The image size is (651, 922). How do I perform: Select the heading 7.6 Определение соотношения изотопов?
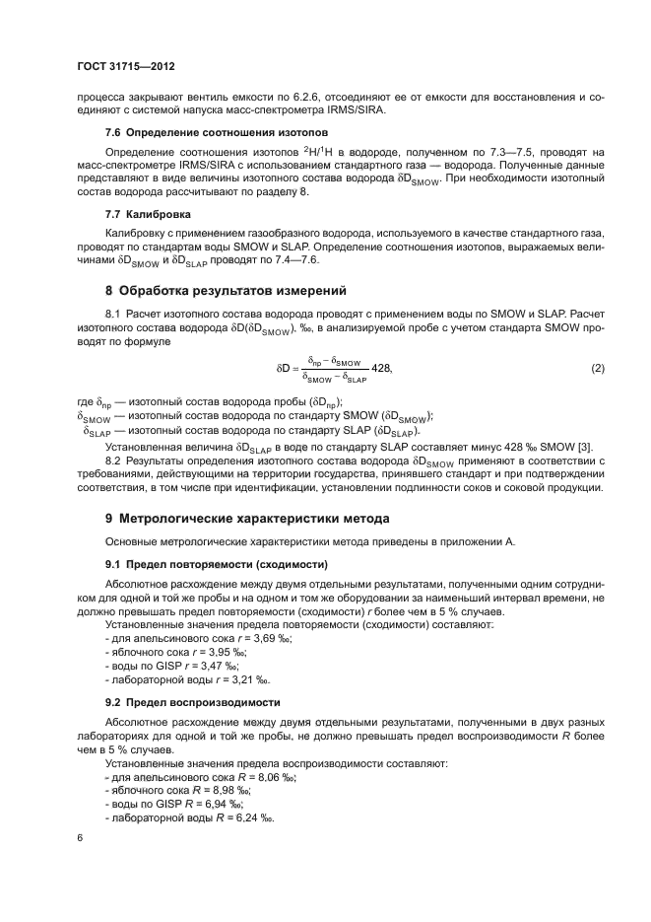point(187,131)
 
